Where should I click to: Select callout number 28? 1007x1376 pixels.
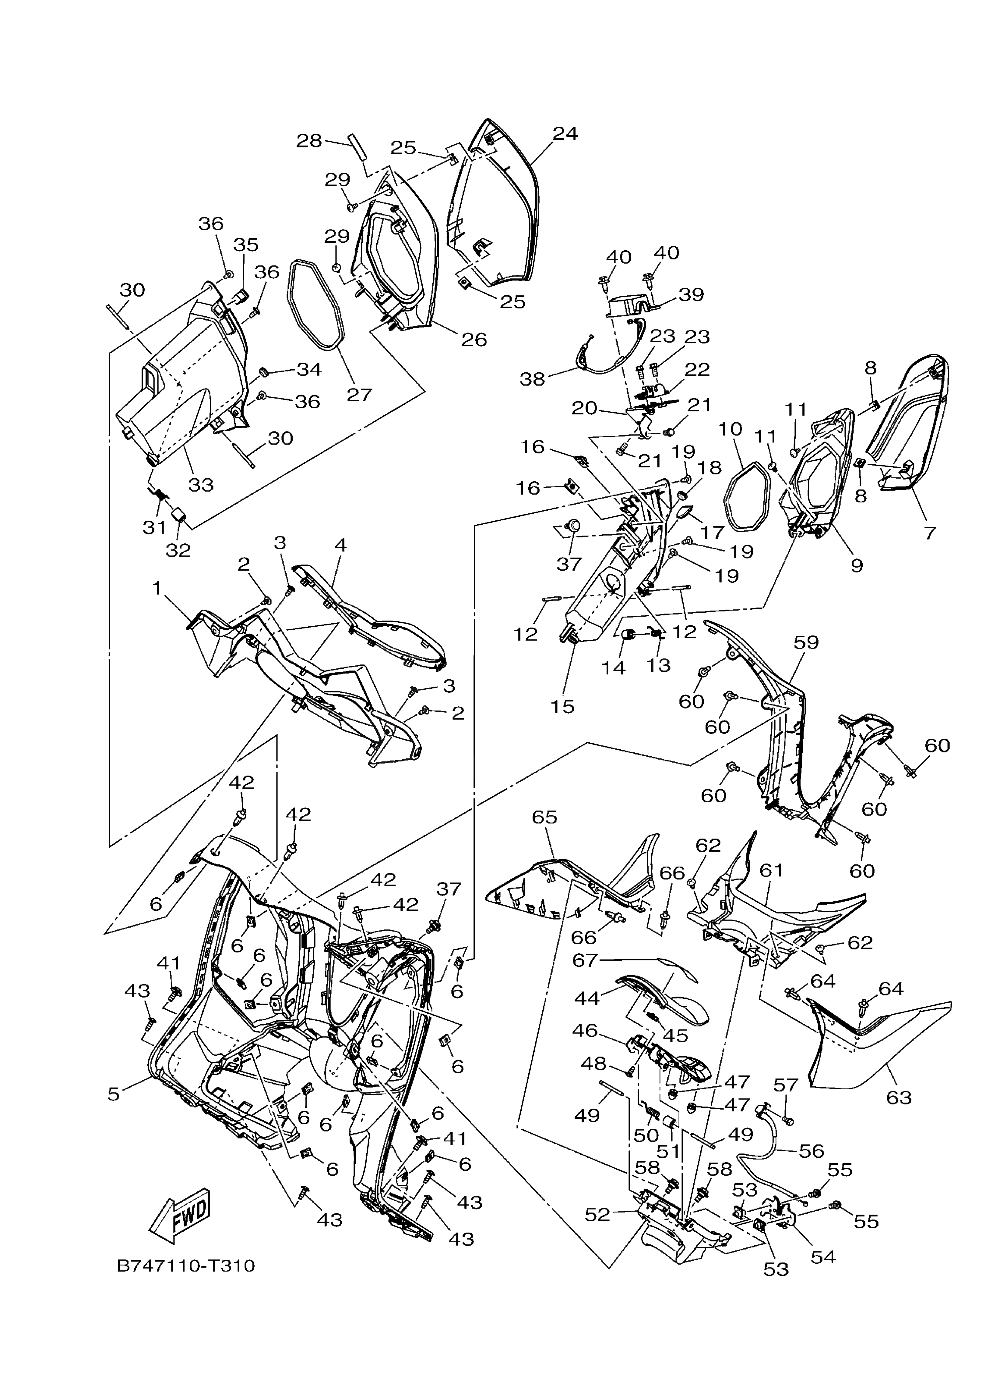tap(309, 141)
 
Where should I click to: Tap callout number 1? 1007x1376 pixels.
tap(157, 588)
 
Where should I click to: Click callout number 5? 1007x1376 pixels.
tap(114, 1094)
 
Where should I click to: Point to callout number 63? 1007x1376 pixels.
tap(899, 1097)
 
